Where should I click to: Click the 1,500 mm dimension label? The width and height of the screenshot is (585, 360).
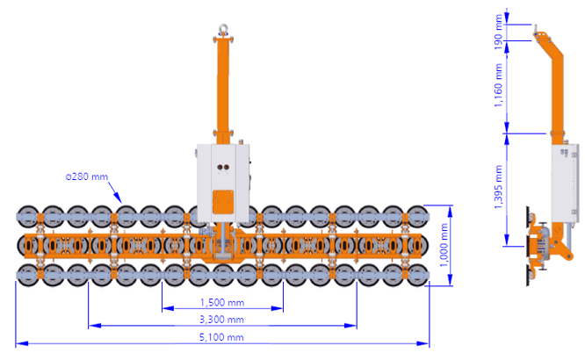point(222,302)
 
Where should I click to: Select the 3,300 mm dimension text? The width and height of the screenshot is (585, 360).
point(221,320)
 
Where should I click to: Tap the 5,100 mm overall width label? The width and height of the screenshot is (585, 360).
point(221,337)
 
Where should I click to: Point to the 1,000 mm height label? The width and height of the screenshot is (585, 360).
point(444,245)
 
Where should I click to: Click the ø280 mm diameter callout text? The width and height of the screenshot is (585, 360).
point(87,176)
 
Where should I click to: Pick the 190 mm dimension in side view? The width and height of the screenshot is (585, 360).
point(498,32)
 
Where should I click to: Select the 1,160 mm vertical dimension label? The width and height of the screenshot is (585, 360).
point(498,85)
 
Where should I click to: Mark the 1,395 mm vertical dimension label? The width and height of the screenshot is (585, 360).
point(498,187)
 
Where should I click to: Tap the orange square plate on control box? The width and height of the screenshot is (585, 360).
point(223,202)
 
